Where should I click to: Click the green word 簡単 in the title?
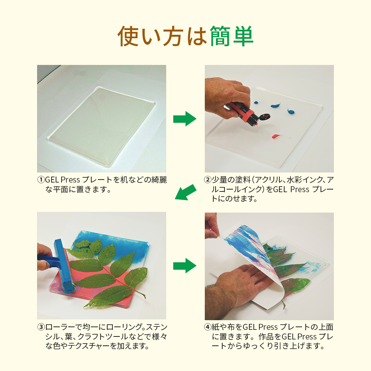(x=232, y=36)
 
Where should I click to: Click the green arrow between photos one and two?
(x=185, y=119)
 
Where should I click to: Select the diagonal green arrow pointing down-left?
(x=185, y=192)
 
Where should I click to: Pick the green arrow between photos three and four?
(x=185, y=266)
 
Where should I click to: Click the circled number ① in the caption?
(x=41, y=180)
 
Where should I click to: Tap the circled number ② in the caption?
(x=208, y=180)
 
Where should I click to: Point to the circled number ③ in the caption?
(x=41, y=327)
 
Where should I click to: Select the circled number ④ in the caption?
(x=208, y=327)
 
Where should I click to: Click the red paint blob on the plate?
(x=276, y=136)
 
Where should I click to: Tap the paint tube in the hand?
(x=246, y=114)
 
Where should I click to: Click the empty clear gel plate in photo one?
(x=101, y=126)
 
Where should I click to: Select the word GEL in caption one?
(x=52, y=180)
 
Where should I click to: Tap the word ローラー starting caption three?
(x=60, y=327)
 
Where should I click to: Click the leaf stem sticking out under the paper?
(x=283, y=305)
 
